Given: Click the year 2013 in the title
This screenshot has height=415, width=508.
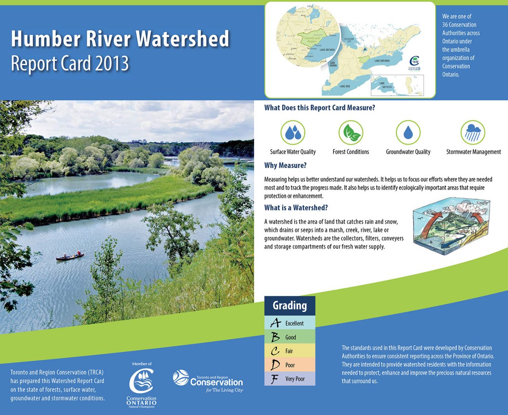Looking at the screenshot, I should pyautogui.click(x=112, y=64).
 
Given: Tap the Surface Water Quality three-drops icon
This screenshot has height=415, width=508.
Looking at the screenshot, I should pyautogui.click(x=293, y=133).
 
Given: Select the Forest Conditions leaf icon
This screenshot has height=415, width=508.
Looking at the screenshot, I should pyautogui.click(x=351, y=133).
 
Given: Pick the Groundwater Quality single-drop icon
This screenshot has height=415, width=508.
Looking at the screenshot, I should pyautogui.click(x=408, y=133).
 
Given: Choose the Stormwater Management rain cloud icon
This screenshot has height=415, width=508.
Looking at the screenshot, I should pyautogui.click(x=473, y=133).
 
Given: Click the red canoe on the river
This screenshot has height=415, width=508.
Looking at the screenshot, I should pyautogui.click(x=70, y=256).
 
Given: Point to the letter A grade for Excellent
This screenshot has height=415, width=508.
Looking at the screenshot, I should pyautogui.click(x=275, y=323).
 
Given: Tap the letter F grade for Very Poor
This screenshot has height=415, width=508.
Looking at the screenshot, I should pyautogui.click(x=275, y=379).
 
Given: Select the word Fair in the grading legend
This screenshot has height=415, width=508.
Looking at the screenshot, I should pyautogui.click(x=289, y=351).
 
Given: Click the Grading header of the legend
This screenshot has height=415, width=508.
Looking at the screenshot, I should pyautogui.click(x=290, y=306).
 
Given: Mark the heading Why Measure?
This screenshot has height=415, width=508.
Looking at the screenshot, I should pyautogui.click(x=285, y=165).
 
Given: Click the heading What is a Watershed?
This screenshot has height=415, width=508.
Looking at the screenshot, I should pyautogui.click(x=296, y=207).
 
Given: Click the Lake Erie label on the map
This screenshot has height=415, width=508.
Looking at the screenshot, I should pyautogui.click(x=345, y=86).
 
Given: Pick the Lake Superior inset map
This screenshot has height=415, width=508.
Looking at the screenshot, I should pyautogui.click(x=397, y=85).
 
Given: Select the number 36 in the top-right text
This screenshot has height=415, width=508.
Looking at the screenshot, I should pyautogui.click(x=445, y=25).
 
